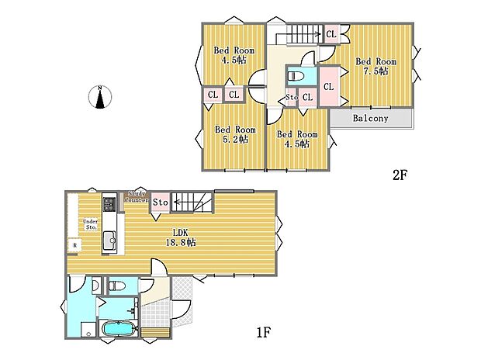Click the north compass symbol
(100, 99)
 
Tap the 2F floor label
(399, 175)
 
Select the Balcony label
(370, 119)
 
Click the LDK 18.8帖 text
(179, 237)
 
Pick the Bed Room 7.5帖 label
(375, 66)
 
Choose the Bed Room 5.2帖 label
(235, 134)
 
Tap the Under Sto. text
(90, 224)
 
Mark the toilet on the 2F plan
(296, 77)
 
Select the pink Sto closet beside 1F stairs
(160, 202)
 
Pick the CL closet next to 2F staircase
(330, 34)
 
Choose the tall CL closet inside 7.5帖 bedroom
(327, 86)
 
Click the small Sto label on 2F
(291, 97)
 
